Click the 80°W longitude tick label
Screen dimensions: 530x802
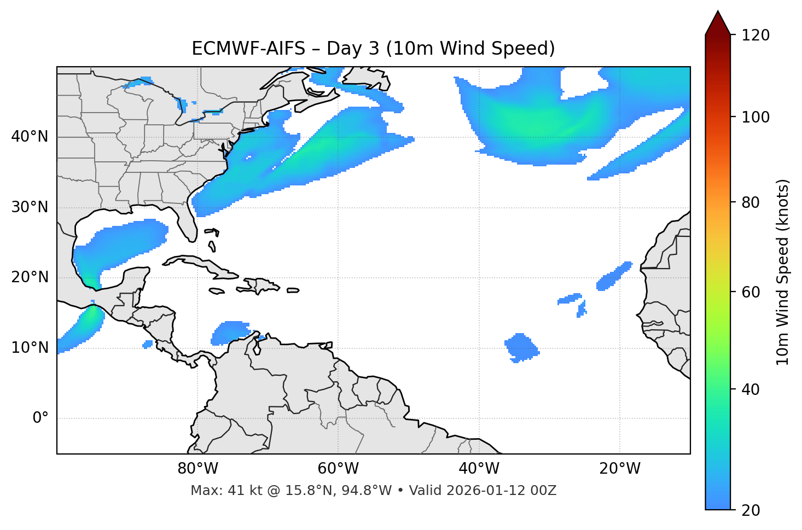197,469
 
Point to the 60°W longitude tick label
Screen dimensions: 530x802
338,469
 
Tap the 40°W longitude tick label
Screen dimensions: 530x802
479,469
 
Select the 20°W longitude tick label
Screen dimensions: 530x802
620,469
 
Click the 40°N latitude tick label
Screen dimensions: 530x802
30,137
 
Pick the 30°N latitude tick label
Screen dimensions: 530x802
30,207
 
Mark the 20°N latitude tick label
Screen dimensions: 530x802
30,277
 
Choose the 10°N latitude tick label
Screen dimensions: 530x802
30,348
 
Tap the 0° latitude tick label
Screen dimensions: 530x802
40,418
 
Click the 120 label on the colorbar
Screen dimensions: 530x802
756,36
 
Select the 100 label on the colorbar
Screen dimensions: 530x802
756,117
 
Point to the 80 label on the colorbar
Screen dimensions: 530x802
752,202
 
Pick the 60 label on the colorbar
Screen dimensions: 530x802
752,292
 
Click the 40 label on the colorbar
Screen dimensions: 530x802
752,389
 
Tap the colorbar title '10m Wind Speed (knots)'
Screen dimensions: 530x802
783,272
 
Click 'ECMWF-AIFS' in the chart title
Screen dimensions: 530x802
248,49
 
